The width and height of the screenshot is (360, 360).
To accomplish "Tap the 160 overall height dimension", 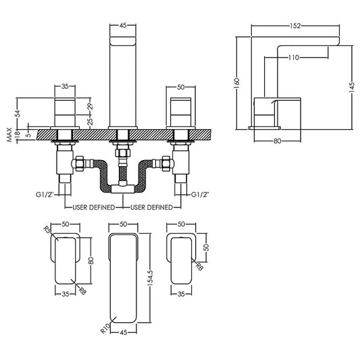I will coord(238,82).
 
